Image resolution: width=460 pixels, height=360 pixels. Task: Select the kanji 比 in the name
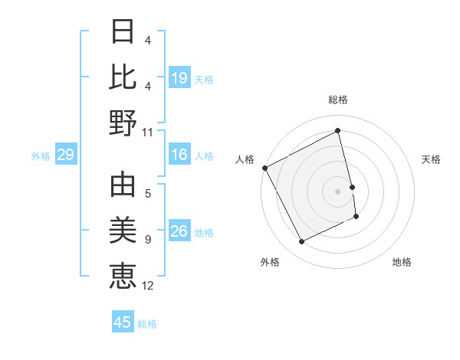tap(123, 77)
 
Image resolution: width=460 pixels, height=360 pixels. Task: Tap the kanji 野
tap(123, 123)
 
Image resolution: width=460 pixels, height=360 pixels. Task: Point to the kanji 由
tap(123, 187)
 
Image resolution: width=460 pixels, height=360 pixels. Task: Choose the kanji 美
tap(123, 231)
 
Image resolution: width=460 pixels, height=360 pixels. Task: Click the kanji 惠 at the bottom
tap(123, 276)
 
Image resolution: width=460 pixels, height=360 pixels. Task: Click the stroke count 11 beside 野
tap(148, 132)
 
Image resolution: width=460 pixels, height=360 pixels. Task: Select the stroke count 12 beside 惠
tap(148, 286)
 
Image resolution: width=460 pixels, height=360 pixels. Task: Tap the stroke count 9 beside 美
tap(148, 241)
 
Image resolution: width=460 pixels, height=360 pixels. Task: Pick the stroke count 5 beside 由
tap(148, 195)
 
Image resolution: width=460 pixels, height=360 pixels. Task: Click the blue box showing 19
tap(179, 77)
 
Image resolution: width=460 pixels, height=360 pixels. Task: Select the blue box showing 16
tap(179, 155)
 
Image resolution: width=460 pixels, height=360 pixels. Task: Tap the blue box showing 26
tap(179, 231)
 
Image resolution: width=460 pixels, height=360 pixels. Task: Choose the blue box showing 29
tap(65, 155)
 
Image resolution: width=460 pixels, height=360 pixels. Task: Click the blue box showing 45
tap(123, 322)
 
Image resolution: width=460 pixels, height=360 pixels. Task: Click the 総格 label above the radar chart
tap(338, 100)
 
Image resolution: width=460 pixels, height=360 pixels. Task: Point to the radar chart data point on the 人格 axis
tap(265, 168)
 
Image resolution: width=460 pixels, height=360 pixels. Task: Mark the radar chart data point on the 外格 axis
tap(301, 242)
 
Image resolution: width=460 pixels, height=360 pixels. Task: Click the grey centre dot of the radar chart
tap(338, 191)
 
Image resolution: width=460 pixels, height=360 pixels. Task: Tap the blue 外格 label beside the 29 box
tap(41, 156)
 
